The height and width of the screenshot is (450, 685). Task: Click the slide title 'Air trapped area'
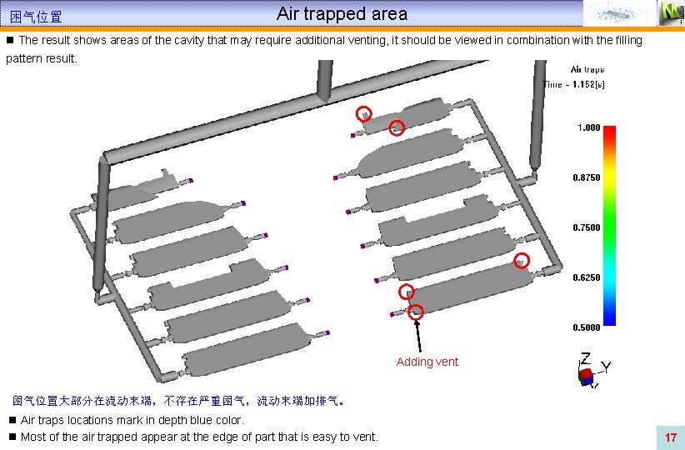tap(342, 14)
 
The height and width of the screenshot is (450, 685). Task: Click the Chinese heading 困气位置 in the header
tap(36, 17)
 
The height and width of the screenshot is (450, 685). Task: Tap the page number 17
tap(670, 437)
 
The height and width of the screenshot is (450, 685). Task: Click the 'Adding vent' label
tap(427, 362)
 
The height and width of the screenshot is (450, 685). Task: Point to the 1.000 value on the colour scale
tap(588, 127)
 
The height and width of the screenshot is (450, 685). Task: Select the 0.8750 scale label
tap(587, 177)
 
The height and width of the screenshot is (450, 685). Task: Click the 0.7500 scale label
tap(587, 227)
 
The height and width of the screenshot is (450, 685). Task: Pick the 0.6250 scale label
tap(587, 277)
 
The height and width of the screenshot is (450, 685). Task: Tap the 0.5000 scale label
tap(587, 327)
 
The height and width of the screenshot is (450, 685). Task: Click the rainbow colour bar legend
tap(610, 225)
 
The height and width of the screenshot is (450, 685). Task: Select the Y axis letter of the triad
tap(606, 367)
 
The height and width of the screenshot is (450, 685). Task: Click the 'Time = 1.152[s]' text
tap(574, 83)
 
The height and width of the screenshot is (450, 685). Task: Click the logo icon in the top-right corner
tap(670, 12)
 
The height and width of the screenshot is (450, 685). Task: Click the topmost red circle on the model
tap(362, 114)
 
